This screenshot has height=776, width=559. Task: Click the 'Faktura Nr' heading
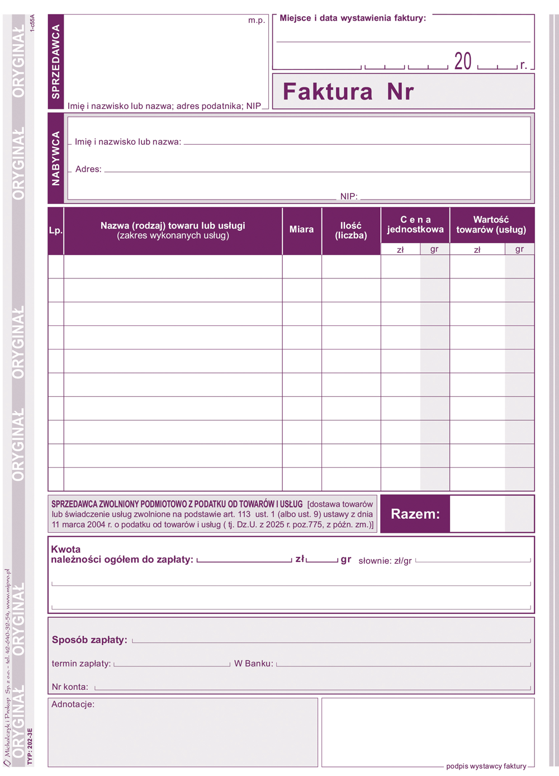coord(348,92)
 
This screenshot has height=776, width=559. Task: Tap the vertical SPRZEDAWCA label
coord(55,62)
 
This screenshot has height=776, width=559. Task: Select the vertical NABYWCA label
coord(55,158)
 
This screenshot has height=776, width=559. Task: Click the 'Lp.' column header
coord(55,230)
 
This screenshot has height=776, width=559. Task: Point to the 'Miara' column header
coord(301,229)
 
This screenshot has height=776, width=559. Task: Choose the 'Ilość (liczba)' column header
coord(351,230)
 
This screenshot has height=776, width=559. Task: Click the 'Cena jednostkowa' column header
coord(415,225)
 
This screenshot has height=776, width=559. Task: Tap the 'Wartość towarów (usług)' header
coord(491,225)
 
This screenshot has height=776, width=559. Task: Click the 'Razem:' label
coord(415,514)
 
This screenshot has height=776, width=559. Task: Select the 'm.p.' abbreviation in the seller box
coord(257,20)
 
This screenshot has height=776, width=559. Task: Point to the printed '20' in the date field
coord(463,61)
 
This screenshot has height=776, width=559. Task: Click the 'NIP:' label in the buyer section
coord(349,196)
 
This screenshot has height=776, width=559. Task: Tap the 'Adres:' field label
coord(88,169)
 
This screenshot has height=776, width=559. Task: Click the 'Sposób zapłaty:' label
coord(89,640)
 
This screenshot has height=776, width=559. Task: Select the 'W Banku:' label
coord(254,664)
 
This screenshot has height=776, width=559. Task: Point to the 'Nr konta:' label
coord(70,687)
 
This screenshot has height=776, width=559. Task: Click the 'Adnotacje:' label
coord(73,704)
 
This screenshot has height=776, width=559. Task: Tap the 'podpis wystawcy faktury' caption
coord(486,766)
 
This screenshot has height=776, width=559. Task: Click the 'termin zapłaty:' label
coord(81,664)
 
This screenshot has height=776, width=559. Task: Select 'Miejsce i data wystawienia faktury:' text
coord(353,18)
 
